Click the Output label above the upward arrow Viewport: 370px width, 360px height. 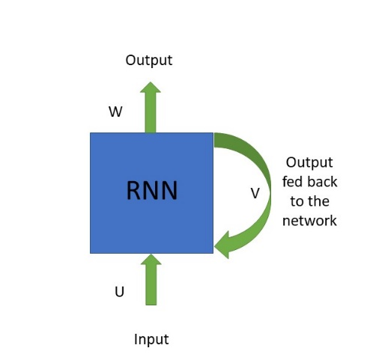click(x=149, y=60)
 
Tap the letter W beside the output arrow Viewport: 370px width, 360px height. click(x=115, y=113)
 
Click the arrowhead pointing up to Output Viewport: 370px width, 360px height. click(x=151, y=88)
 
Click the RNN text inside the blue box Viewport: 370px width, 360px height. click(x=151, y=191)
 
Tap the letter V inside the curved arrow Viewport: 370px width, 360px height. click(x=255, y=194)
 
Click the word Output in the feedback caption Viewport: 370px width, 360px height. click(x=309, y=162)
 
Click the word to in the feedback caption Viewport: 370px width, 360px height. click(x=297, y=201)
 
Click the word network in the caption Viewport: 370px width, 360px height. click(x=309, y=221)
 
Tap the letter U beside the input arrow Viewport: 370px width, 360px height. click(x=119, y=292)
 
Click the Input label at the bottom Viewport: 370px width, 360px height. click(x=151, y=339)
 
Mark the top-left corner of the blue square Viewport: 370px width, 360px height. click(x=91, y=133)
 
